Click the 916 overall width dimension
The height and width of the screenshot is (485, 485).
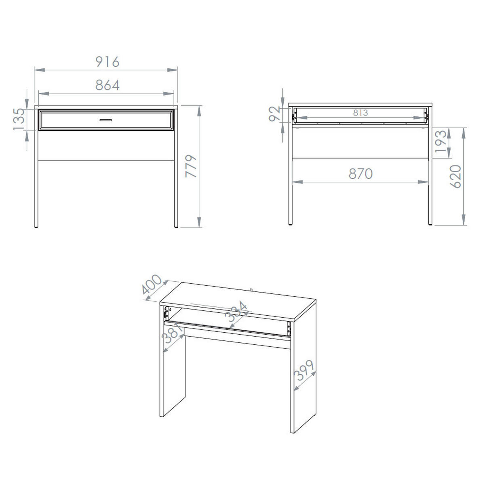coord(108,62)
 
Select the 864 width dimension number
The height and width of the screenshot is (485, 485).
coord(108,85)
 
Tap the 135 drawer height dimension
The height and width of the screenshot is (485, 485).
coord(19,119)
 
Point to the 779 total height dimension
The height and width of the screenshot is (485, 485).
coord(191,167)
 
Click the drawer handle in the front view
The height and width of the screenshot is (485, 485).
coord(106,120)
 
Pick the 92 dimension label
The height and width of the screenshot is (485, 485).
coord(274,114)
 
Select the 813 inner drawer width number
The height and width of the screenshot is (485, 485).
coord(361,113)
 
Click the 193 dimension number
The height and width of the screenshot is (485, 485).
coord(441,141)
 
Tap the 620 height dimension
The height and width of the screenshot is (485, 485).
coord(455,177)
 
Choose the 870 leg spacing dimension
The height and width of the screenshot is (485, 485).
coord(361,174)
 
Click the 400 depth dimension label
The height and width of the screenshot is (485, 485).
coord(152,285)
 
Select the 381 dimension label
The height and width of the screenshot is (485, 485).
coord(173,333)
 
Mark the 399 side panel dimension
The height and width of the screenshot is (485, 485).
coord(304,371)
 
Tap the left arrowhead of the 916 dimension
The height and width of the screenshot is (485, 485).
coord(40,70)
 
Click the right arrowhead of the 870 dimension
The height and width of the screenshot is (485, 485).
coord(423,182)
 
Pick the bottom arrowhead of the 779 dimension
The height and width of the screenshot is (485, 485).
coord(199,222)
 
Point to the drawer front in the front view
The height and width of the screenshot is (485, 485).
coord(106,120)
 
